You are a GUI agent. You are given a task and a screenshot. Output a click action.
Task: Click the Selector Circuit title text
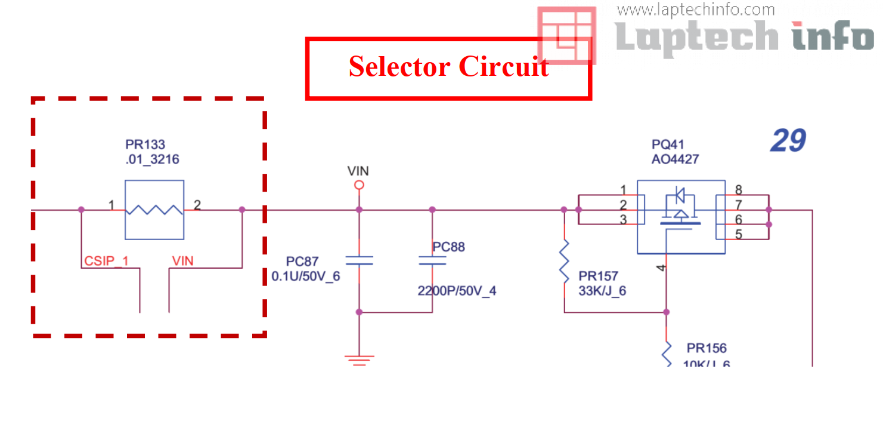pyautogui.click(x=448, y=66)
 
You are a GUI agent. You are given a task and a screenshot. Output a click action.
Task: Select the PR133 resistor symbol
pyautogui.click(x=154, y=210)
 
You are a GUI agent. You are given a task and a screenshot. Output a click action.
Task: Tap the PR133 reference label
pyautogui.click(x=145, y=145)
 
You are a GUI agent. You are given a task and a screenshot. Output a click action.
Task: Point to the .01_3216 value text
pyautogui.click(x=152, y=159)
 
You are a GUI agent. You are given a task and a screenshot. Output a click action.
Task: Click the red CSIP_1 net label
pyautogui.click(x=106, y=261)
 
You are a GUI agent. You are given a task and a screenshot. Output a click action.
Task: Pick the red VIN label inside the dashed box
pyautogui.click(x=182, y=261)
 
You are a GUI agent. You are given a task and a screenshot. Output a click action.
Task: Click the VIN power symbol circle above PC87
pyautogui.click(x=359, y=185)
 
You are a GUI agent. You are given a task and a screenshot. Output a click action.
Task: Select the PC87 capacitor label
pyautogui.click(x=302, y=262)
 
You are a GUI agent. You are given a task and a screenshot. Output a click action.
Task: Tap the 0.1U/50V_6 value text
pyautogui.click(x=305, y=276)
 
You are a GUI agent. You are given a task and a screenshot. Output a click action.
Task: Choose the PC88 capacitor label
pyautogui.click(x=449, y=247)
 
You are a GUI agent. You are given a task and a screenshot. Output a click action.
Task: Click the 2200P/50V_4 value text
pyautogui.click(x=457, y=291)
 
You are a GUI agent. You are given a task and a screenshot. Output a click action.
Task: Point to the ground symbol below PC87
pyautogui.click(x=359, y=359)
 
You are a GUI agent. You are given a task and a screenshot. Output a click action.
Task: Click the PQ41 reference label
pyautogui.click(x=668, y=145)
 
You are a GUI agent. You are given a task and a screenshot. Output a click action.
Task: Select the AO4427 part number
pyautogui.click(x=675, y=159)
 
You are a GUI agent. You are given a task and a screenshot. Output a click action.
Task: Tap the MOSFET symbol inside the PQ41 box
pyautogui.click(x=680, y=210)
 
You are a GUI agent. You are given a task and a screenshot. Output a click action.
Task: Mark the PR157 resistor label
pyautogui.click(x=598, y=276)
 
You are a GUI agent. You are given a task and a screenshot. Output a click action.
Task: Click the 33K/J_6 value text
pyautogui.click(x=602, y=291)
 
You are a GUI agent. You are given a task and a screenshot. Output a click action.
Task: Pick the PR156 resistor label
pyautogui.click(x=707, y=348)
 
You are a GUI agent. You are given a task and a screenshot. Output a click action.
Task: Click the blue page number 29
pyautogui.click(x=788, y=141)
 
